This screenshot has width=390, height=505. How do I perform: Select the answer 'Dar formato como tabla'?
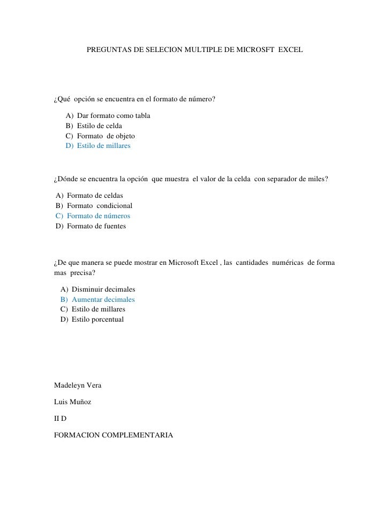click(114, 116)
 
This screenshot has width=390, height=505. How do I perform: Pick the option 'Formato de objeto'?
click(106, 136)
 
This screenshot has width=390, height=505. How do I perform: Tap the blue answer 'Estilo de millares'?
click(103, 146)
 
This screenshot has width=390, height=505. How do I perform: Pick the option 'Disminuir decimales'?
click(103, 289)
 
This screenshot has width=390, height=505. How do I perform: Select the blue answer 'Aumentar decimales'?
click(103, 299)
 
